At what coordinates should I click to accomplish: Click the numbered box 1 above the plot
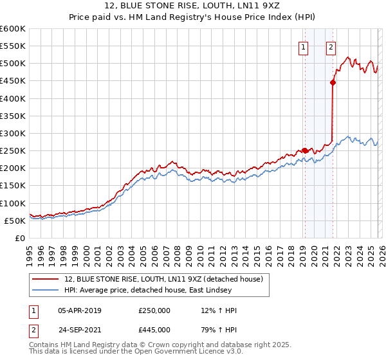(x=303, y=46)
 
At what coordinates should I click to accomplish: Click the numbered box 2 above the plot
(x=331, y=46)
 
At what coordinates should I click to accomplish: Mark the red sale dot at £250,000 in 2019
(x=304, y=150)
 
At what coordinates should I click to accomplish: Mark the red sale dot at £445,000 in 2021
(x=333, y=82)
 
